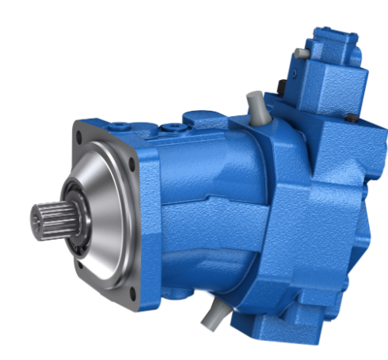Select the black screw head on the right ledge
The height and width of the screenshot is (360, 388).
(349, 118)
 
